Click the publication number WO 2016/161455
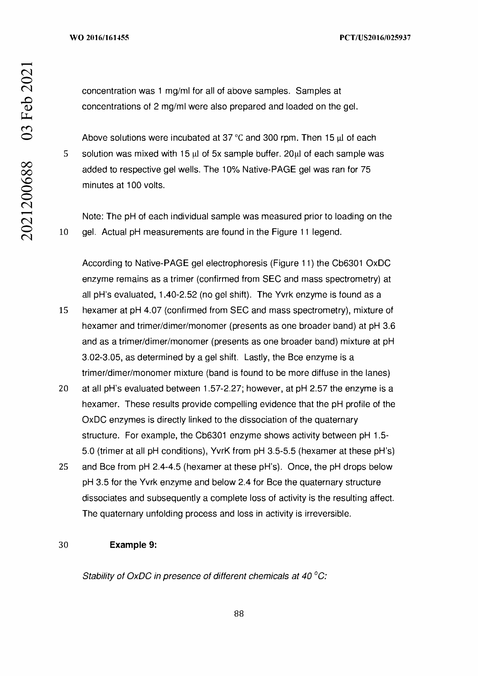point(99,38)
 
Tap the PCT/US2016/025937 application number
point(375,38)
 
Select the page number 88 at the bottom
point(239,614)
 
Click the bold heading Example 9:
point(133,545)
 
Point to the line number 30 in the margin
point(63,545)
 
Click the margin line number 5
point(66,154)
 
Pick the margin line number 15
point(63,310)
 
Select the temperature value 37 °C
point(232,138)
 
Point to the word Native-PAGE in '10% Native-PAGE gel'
point(269,170)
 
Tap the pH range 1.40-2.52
point(178,295)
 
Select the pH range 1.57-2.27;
point(223,389)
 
